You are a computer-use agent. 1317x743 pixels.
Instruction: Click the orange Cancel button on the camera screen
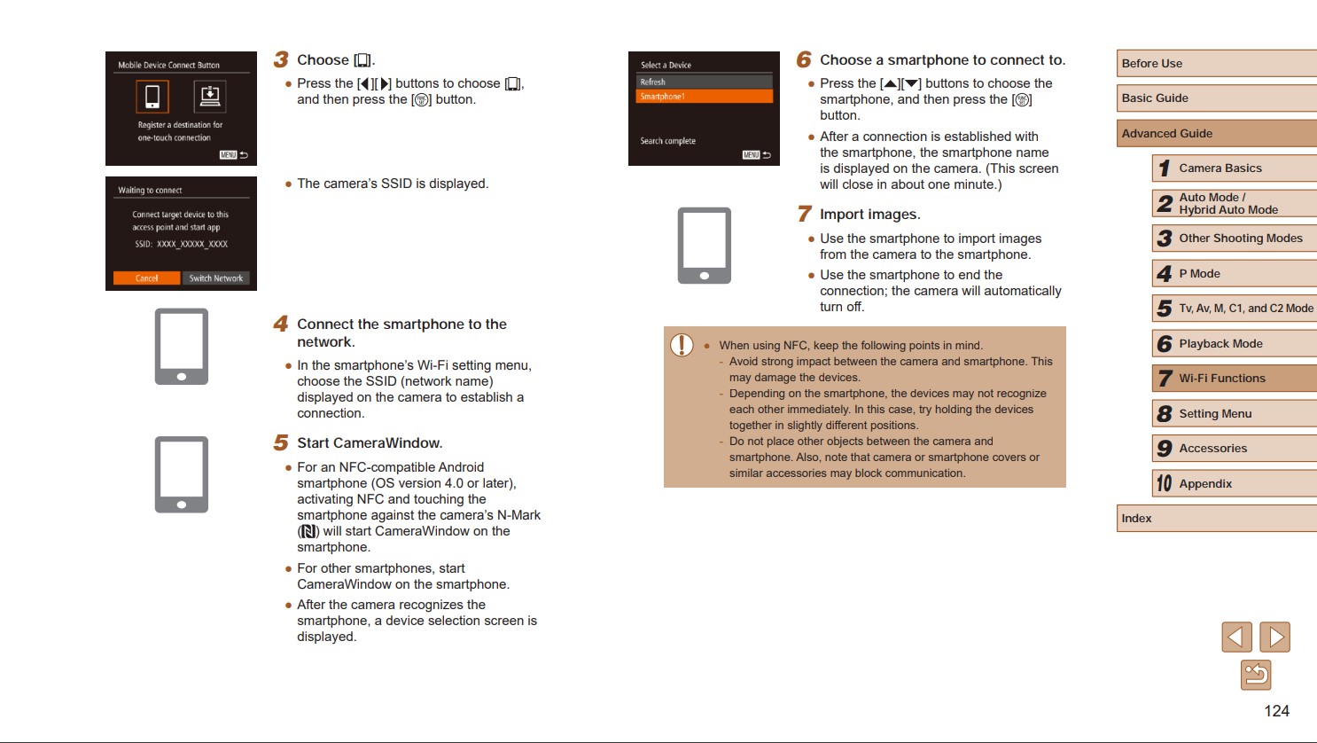coord(146,278)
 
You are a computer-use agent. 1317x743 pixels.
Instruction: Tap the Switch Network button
coord(215,278)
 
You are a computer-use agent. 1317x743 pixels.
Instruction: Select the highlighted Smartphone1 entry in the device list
coord(704,97)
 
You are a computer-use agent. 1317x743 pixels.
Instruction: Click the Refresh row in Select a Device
coord(704,82)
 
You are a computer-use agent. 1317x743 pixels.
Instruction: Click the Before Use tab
coord(1216,64)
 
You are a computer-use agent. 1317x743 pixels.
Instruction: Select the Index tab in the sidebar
coord(1216,519)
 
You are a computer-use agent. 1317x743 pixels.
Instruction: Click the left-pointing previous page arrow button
coord(1236,637)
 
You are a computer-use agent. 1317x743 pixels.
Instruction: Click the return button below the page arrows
coord(1256,676)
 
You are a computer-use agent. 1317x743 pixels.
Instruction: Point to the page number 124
coord(1276,711)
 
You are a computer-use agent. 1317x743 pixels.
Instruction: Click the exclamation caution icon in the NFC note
coord(682,345)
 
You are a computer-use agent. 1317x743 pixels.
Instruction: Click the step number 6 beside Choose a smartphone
coord(804,59)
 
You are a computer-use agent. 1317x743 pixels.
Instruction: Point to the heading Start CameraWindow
coord(370,443)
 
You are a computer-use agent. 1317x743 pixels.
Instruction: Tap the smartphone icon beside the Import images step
coord(704,246)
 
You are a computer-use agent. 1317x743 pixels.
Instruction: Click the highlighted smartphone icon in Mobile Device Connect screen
coord(152,97)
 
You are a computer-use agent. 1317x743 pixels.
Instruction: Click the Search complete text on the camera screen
coord(668,141)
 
